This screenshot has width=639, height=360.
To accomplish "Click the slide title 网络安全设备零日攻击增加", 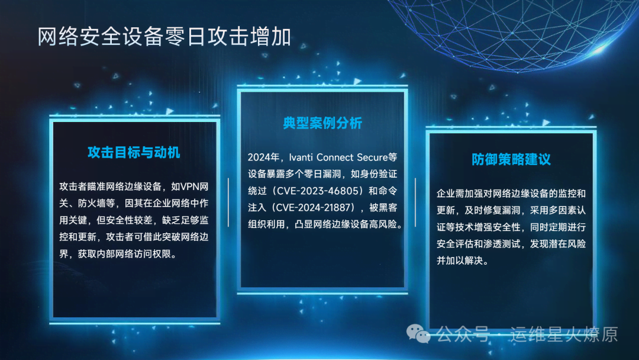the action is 164,37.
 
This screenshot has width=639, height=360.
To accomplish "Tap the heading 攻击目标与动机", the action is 134,153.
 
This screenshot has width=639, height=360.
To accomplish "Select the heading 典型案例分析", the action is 322,123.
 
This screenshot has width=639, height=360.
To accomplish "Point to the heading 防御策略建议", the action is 511,159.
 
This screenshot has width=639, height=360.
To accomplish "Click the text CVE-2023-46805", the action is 319,191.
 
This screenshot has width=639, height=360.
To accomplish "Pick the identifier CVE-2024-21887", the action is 314,207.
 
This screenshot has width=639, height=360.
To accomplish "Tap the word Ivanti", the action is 301,157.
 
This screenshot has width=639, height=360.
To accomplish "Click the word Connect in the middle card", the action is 335,157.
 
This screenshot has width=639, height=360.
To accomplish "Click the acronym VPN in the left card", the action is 189,187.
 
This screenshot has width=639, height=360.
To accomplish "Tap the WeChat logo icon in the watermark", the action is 418,334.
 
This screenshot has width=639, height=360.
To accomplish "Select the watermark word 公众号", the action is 463,335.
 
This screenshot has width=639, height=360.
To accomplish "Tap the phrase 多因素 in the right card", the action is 563,210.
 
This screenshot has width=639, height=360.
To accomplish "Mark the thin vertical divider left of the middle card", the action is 228,202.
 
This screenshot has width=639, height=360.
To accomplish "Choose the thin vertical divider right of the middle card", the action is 415,202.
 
